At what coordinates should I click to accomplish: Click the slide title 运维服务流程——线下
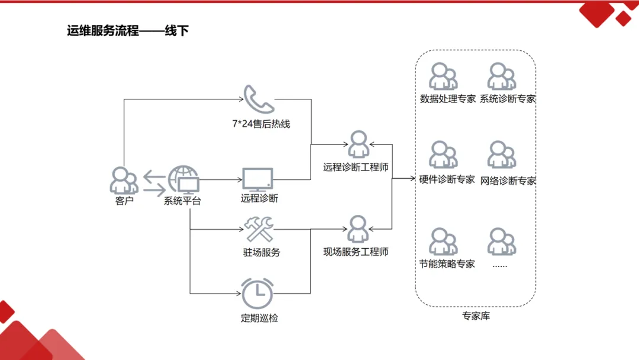click(128, 31)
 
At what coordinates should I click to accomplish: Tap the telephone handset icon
click(259, 99)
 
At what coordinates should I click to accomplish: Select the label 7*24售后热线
click(261, 124)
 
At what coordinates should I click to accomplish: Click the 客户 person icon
click(123, 181)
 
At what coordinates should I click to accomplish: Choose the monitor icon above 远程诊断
click(258, 179)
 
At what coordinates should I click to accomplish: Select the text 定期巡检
click(259, 318)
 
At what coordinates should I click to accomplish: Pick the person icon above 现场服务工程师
click(357, 230)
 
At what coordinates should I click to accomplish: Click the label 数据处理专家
click(447, 99)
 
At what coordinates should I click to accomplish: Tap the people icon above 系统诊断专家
click(502, 76)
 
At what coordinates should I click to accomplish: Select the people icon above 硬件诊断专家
click(443, 155)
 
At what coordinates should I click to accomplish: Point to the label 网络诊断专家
click(508, 181)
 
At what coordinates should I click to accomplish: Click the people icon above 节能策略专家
click(443, 241)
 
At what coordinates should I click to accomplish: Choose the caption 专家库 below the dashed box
click(476, 316)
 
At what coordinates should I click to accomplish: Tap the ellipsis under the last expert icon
click(500, 265)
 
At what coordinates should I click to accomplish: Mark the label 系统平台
click(182, 201)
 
